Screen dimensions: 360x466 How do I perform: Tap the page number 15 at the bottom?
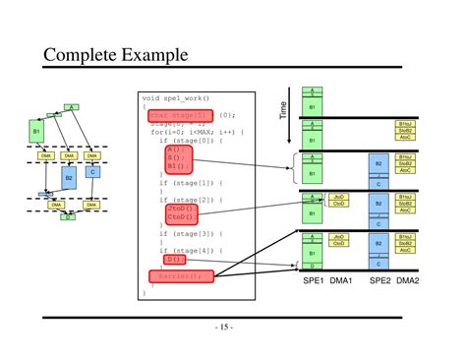232,328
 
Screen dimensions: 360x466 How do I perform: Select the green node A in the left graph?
70,106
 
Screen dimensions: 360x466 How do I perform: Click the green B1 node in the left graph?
36,130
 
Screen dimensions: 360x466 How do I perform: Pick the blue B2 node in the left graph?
69,177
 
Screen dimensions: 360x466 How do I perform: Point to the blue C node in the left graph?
91,172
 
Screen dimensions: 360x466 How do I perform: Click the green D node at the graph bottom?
68,215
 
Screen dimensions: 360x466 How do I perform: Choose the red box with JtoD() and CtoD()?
181,213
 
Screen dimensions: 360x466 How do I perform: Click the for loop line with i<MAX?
198,132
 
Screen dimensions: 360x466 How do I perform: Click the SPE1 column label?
313,281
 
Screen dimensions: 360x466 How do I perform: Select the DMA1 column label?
340,281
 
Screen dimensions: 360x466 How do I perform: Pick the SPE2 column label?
380,281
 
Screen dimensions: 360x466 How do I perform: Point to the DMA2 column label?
407,281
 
